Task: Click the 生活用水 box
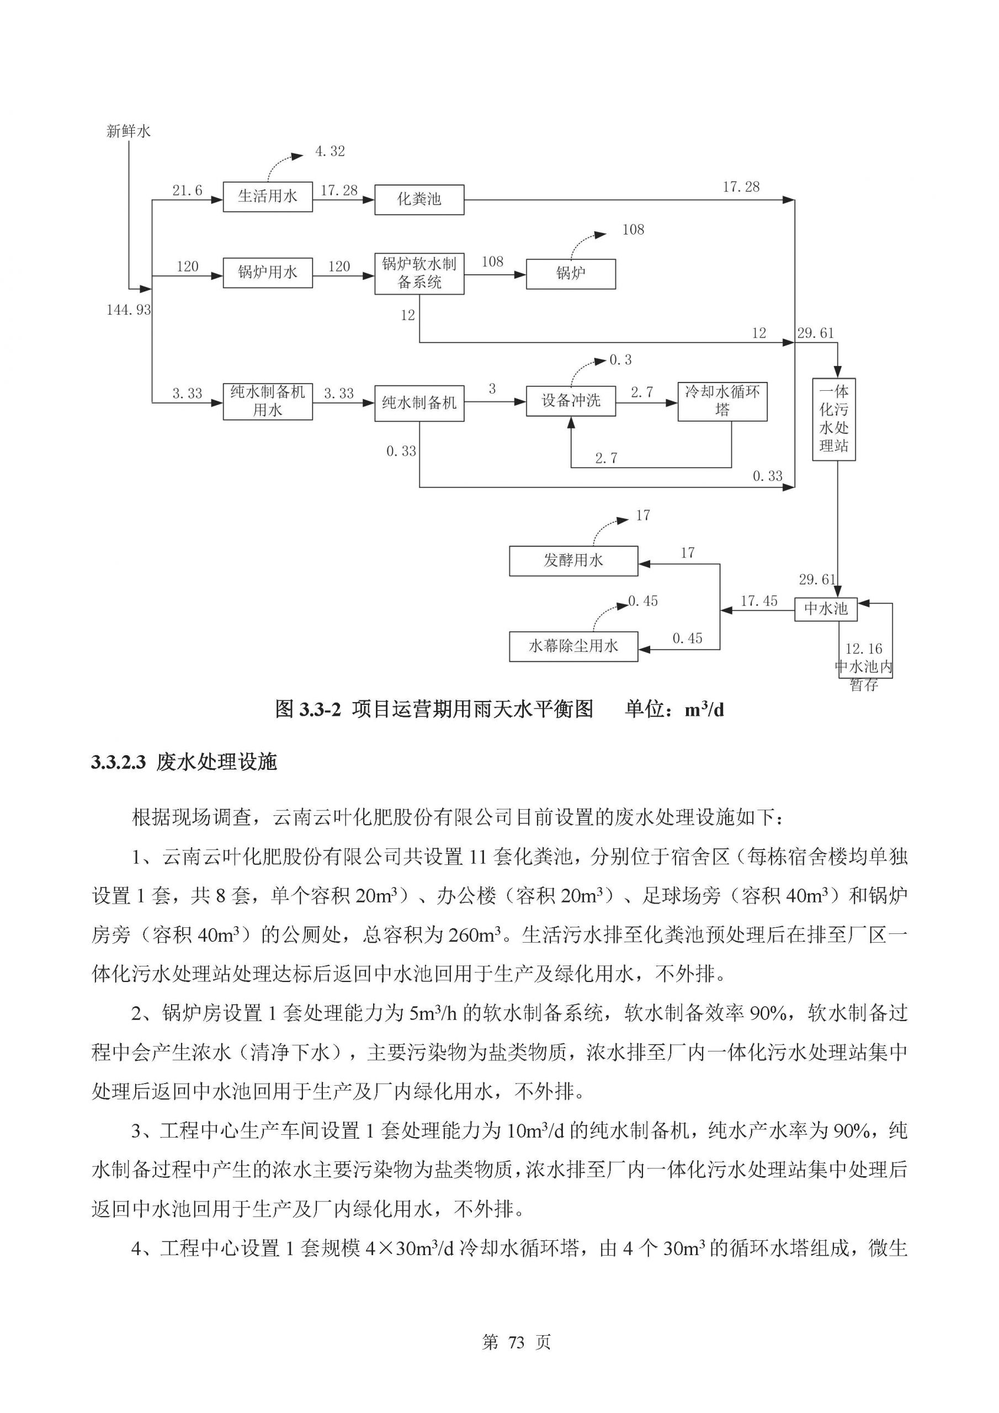tap(267, 196)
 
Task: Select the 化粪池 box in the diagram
tap(418, 199)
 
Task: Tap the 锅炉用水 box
tap(267, 272)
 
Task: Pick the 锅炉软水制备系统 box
tap(418, 273)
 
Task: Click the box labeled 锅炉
tap(570, 274)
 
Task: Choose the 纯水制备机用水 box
tap(267, 401)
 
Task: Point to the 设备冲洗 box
tap(570, 401)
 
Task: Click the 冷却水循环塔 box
tap(722, 401)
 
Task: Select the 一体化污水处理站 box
tap(833, 419)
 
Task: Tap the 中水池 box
tap(826, 609)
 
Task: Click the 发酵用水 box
tap(573, 561)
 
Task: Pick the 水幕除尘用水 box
tap(573, 646)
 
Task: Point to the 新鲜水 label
tap(129, 131)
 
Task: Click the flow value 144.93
tap(129, 310)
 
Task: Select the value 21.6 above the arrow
tap(187, 191)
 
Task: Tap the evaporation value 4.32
tap(330, 151)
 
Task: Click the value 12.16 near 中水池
tap(863, 649)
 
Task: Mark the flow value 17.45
tap(758, 601)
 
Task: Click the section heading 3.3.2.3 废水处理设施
tap(184, 762)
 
